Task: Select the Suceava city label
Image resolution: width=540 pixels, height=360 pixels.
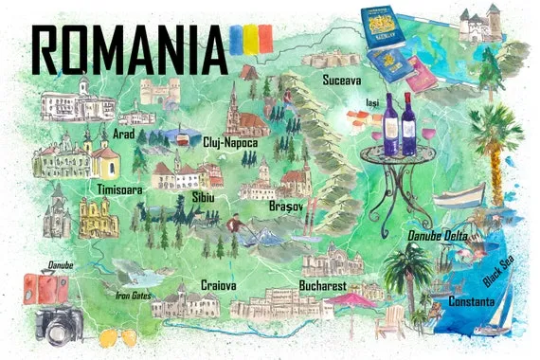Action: tap(342, 80)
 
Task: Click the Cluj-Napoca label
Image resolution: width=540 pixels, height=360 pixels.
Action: tap(232, 142)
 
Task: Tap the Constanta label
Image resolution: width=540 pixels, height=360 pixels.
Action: tap(472, 301)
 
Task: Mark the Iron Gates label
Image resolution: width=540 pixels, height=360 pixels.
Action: tap(133, 295)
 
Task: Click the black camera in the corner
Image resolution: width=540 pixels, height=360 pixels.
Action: tap(59, 325)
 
